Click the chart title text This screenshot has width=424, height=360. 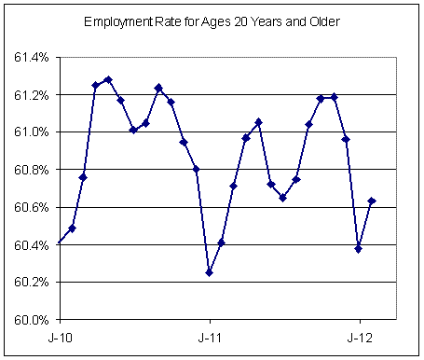tap(212, 21)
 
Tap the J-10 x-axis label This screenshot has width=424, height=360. tap(58, 335)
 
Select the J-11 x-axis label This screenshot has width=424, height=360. tap(209, 335)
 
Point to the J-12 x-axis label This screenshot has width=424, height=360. tap(359, 335)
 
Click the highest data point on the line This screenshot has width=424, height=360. tap(108, 80)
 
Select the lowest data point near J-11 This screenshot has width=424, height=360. tap(209, 272)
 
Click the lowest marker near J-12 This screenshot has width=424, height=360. tap(359, 249)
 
